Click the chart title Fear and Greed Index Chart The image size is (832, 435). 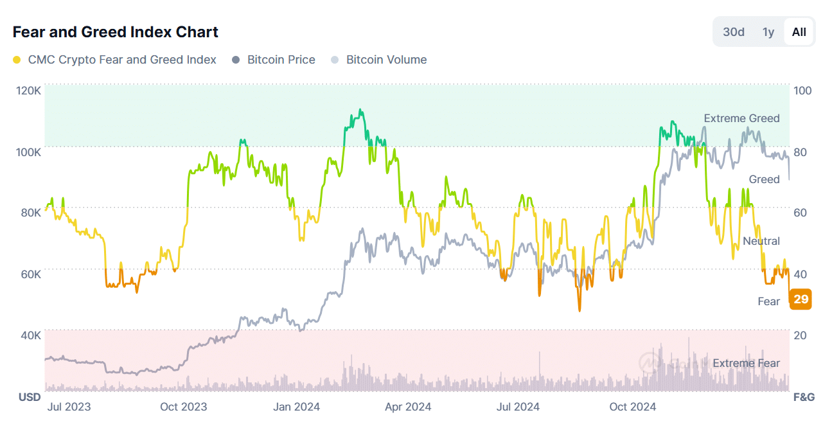click(116, 32)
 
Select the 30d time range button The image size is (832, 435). click(734, 32)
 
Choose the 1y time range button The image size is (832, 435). click(768, 32)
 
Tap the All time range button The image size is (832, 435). click(799, 32)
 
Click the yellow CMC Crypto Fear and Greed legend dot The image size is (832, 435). click(17, 60)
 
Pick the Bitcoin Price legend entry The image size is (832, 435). click(281, 60)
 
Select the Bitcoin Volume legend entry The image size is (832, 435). click(386, 60)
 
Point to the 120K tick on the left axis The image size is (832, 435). click(28, 91)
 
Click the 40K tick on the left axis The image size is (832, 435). click(30, 335)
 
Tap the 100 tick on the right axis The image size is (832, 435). click(803, 91)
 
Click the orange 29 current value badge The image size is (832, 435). click(801, 299)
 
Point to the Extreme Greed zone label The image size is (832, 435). click(741, 118)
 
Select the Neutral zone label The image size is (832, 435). click(761, 241)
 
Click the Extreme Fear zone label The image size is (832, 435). click(746, 363)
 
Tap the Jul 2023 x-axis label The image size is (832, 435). click(69, 407)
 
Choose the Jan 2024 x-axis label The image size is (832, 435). click(296, 407)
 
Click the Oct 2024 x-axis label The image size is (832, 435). click(632, 407)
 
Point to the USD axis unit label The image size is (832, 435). click(30, 397)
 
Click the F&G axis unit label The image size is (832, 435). click(804, 397)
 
